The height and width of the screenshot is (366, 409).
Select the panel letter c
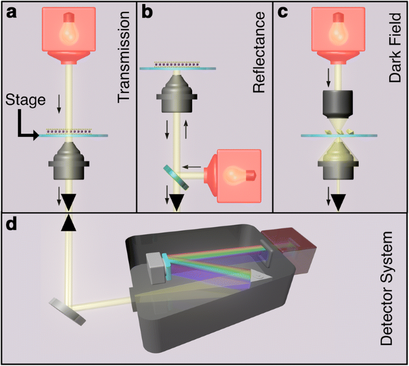(282, 11)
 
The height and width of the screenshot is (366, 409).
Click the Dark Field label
(395, 48)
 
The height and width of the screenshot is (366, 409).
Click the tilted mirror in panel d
(67, 311)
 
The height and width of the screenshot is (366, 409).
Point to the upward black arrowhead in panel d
(70, 223)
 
